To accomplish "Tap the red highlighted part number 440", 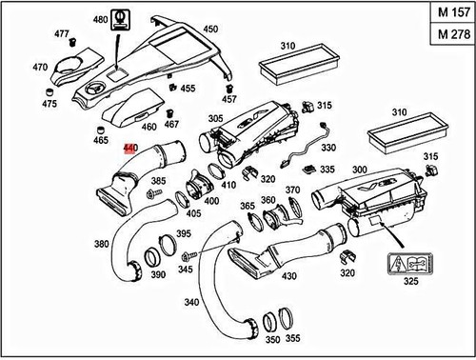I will click(130, 149).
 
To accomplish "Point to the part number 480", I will click(100, 19).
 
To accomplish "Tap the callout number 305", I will click(215, 119).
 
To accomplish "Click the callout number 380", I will click(101, 243).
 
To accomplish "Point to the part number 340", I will click(191, 303).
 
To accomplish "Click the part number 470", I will click(40, 68).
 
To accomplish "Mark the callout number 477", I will click(62, 34).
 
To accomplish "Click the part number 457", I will click(228, 99).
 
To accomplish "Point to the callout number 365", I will click(248, 206).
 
